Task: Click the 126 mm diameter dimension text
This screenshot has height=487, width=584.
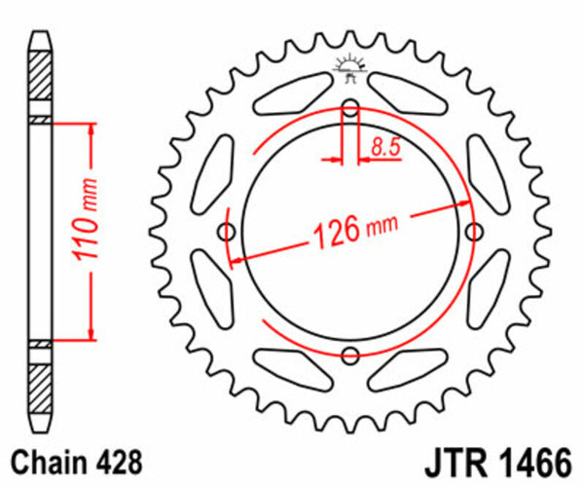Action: [x=356, y=231]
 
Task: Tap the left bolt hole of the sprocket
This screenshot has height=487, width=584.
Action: [x=229, y=231]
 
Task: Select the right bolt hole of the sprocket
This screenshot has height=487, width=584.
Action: [x=475, y=231]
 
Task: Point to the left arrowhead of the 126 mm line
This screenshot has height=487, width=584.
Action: [x=234, y=260]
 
